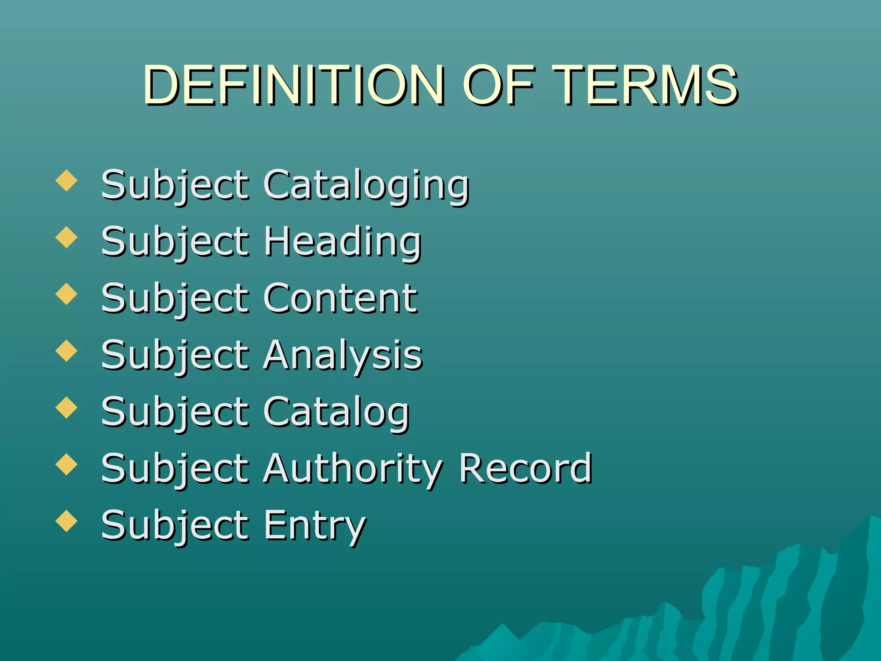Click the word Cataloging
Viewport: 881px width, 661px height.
tap(366, 185)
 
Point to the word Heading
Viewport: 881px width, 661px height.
tap(342, 242)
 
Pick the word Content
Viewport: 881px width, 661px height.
tap(340, 298)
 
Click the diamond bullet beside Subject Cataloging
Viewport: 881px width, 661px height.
tap(67, 180)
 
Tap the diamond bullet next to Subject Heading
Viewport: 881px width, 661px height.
tap(67, 237)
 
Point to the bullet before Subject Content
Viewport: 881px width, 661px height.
tap(67, 294)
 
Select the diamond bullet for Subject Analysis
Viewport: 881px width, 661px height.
tap(67, 351)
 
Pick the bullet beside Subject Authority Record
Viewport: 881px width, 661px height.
tap(67, 464)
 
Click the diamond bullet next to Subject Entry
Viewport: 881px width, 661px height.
tap(67, 521)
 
